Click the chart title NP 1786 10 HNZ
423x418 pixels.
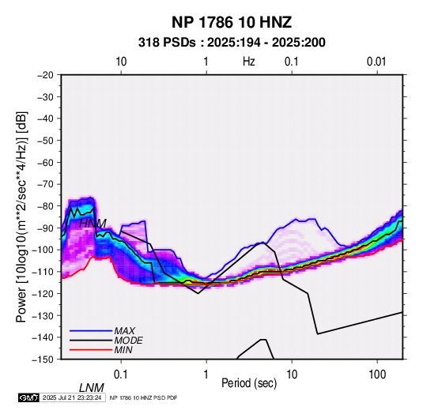(x=232, y=22)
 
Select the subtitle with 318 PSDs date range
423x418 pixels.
(x=232, y=43)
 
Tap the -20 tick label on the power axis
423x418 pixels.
(x=45, y=75)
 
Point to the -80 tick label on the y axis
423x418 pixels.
(x=45, y=206)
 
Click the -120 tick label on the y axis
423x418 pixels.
(x=43, y=293)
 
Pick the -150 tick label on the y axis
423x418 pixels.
(x=43, y=360)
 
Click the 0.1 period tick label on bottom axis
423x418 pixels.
(x=121, y=375)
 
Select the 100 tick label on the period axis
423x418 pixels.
(x=377, y=375)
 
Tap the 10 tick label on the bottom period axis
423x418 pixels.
(x=292, y=375)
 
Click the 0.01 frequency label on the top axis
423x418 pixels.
(x=376, y=62)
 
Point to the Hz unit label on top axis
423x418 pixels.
(x=249, y=62)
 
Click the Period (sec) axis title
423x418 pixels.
(x=249, y=383)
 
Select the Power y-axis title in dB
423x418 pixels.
(x=21, y=217)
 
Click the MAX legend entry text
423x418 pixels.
(x=124, y=331)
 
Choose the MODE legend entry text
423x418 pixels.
(x=128, y=341)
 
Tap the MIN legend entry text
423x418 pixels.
(x=123, y=350)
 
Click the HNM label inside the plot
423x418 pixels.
(x=93, y=224)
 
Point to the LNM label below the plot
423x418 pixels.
(x=92, y=388)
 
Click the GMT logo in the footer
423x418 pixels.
(x=29, y=397)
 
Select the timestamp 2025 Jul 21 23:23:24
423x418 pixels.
(x=72, y=397)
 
